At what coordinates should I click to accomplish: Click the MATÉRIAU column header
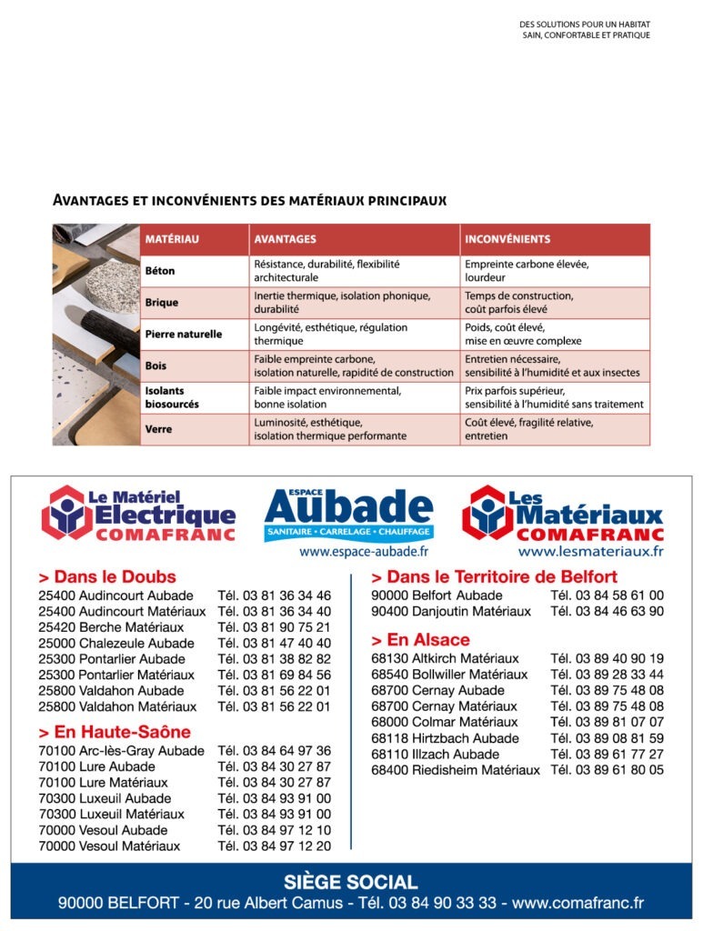(x=172, y=239)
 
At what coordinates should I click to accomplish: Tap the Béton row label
(x=160, y=271)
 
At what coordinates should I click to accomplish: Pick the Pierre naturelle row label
(x=183, y=335)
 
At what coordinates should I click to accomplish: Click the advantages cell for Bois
(x=354, y=365)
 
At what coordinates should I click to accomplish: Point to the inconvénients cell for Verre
(x=554, y=429)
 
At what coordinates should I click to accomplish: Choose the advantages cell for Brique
(x=354, y=302)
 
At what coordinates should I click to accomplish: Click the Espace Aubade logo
(x=348, y=516)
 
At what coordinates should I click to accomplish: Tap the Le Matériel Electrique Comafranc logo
(x=139, y=513)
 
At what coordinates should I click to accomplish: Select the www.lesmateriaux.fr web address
(x=590, y=551)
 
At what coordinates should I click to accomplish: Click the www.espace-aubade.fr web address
(x=364, y=551)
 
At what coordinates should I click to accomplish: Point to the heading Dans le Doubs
(x=107, y=576)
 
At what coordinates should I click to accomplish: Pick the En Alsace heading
(x=420, y=639)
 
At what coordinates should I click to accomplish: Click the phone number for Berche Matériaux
(x=274, y=627)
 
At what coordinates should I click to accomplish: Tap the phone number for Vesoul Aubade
(x=274, y=830)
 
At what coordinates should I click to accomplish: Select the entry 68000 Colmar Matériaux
(x=444, y=722)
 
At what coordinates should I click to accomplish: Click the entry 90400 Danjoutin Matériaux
(x=450, y=611)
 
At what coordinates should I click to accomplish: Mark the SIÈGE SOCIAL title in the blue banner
(x=351, y=882)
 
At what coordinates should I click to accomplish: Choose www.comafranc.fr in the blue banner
(x=577, y=903)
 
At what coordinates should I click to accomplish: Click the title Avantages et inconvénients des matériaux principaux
(x=249, y=200)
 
